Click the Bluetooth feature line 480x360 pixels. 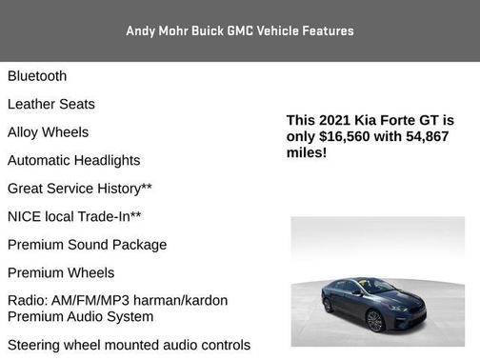point(37,76)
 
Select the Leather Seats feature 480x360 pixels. point(51,104)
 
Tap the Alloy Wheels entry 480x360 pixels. point(49,132)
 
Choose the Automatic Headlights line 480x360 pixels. point(74,161)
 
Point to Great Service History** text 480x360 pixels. point(80,189)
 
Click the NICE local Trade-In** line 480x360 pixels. point(75,217)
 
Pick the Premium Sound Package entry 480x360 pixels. point(88,245)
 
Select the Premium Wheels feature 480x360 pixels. point(61,272)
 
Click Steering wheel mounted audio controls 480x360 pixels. point(129,345)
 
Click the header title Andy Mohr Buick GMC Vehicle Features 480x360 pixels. point(240,30)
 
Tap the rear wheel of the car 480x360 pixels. point(329,306)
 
